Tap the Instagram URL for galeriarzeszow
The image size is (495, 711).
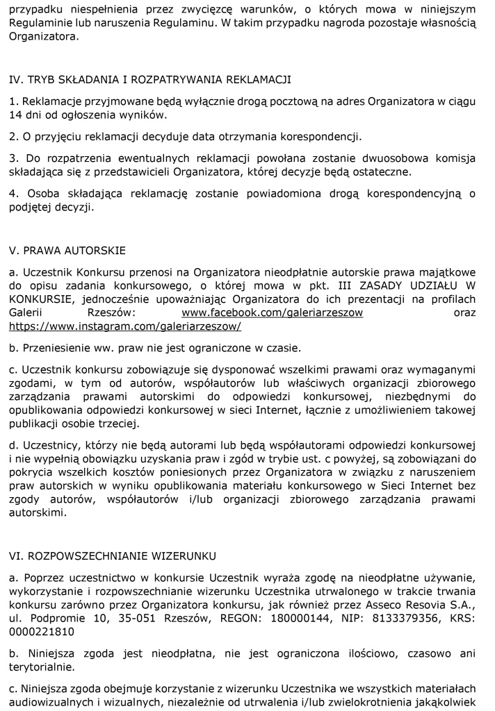click(125, 326)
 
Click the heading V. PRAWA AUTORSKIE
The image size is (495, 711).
click(67, 250)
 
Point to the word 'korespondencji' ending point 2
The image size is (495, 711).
click(325, 136)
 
